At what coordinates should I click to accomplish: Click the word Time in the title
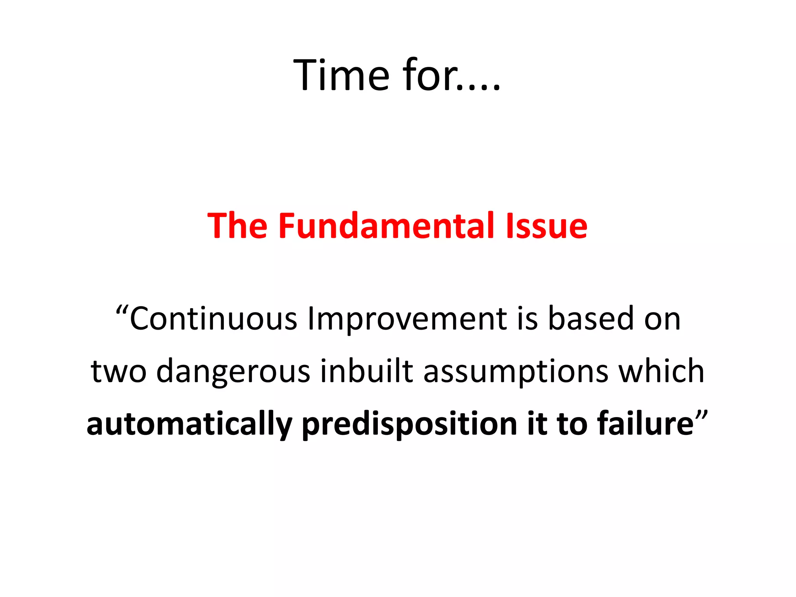pyautogui.click(x=341, y=75)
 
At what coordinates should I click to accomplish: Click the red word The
pyautogui.click(x=237, y=225)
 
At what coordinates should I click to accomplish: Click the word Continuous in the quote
pyautogui.click(x=213, y=319)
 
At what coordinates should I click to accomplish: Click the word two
pyautogui.click(x=119, y=372)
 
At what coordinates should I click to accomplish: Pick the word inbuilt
pyautogui.click(x=367, y=371)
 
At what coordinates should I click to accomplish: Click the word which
pyautogui.click(x=661, y=371)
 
